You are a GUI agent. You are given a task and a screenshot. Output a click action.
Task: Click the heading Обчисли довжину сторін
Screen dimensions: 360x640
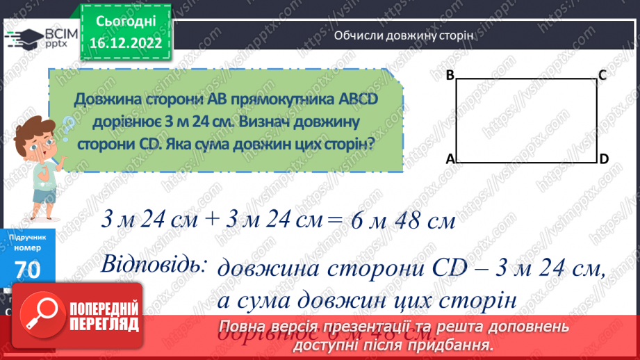pos(403,35)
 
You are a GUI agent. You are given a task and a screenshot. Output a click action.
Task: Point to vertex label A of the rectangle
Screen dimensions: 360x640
pos(450,159)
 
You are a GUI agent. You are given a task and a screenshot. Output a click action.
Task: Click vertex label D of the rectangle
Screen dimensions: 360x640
pos(604,159)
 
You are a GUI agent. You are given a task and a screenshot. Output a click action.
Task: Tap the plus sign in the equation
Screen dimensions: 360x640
pos(209,221)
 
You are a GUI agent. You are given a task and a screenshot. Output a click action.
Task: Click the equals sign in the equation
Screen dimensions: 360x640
pos(334,221)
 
